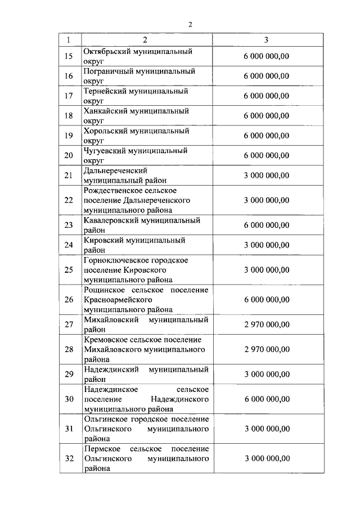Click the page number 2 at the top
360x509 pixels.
190,24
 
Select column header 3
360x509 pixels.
266,40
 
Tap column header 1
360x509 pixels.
69,40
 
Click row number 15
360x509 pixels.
69,56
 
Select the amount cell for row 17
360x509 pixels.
267,96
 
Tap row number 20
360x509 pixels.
69,156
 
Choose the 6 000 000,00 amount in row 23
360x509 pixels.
267,225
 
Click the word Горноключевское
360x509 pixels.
116,260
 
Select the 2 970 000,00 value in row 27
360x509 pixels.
267,325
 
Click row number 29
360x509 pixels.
69,374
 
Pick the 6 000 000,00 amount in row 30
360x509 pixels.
267,399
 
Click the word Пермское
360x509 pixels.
101,449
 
